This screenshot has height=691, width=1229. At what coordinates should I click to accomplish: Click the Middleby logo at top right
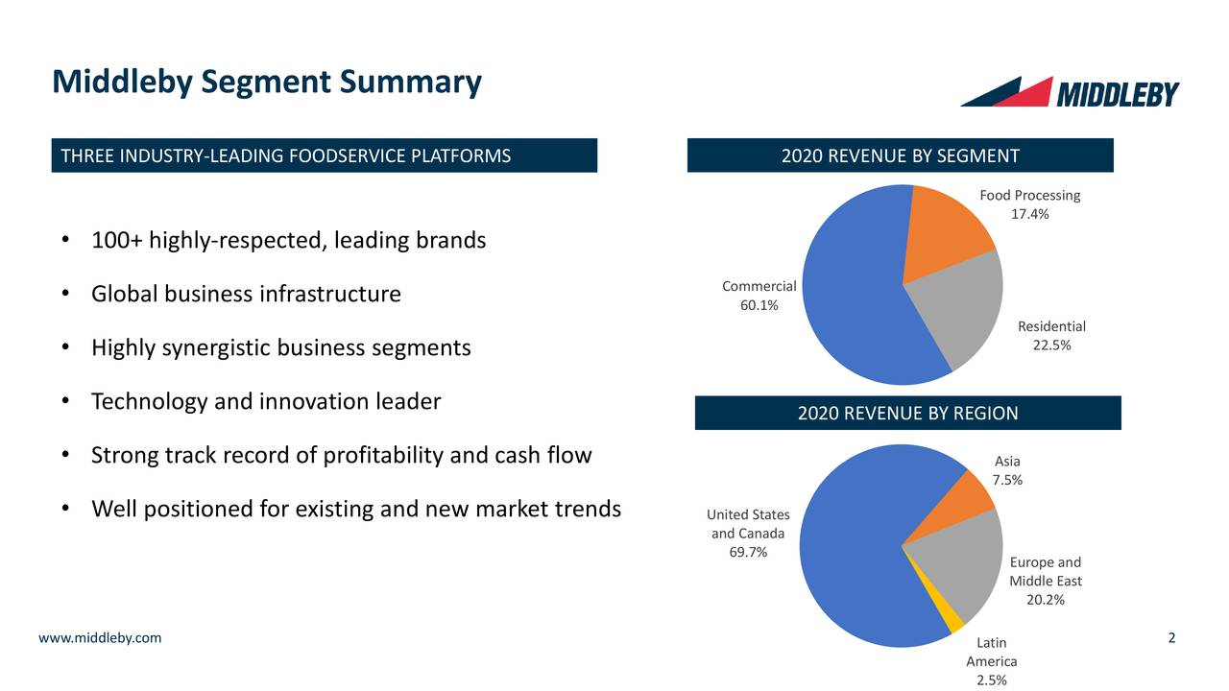point(1070,92)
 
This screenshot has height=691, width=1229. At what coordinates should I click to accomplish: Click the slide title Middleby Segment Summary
point(266,83)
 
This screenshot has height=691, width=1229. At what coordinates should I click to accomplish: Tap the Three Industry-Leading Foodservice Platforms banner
point(324,155)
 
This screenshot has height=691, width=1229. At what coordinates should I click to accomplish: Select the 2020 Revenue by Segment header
point(900,155)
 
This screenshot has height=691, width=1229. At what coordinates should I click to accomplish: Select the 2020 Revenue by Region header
point(907,413)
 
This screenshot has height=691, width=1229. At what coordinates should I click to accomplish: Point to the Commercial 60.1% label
point(759,296)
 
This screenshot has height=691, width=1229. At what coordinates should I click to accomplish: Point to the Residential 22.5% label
point(1051,336)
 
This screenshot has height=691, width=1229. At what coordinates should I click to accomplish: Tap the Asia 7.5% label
point(1007,470)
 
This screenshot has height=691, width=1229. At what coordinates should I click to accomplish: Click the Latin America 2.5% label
point(991,661)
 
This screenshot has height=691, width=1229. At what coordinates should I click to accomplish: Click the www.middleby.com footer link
point(100,638)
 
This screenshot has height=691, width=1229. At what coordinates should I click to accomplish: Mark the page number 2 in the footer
point(1172,638)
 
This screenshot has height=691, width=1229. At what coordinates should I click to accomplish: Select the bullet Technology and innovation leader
point(265,401)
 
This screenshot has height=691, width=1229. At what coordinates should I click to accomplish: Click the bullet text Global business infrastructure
point(246,294)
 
